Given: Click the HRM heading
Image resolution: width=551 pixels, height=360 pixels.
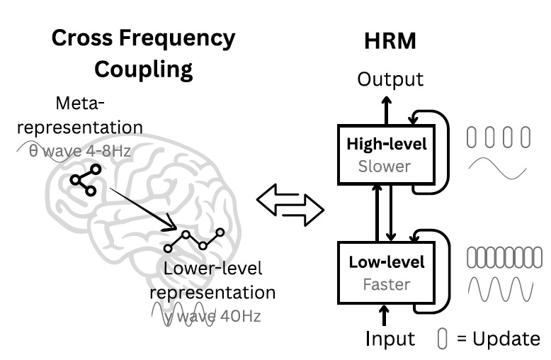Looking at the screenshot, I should (390, 42).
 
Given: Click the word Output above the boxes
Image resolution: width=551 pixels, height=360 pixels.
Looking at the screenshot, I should (390, 79).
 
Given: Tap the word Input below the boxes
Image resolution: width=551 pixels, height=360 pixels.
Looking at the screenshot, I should (390, 339).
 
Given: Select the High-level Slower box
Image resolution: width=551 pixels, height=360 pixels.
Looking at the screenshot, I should (386, 154).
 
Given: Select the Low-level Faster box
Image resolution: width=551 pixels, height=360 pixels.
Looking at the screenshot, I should (386, 273).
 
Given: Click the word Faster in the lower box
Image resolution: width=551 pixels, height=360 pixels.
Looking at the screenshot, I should (386, 284).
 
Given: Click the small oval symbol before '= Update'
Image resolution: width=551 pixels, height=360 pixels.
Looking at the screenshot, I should (443, 339).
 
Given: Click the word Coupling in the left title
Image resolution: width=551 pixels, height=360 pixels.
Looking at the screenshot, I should (143, 69).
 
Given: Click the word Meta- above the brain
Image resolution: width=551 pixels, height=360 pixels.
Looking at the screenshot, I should (79, 104).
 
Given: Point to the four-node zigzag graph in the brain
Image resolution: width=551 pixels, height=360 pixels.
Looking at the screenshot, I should (194, 240).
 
